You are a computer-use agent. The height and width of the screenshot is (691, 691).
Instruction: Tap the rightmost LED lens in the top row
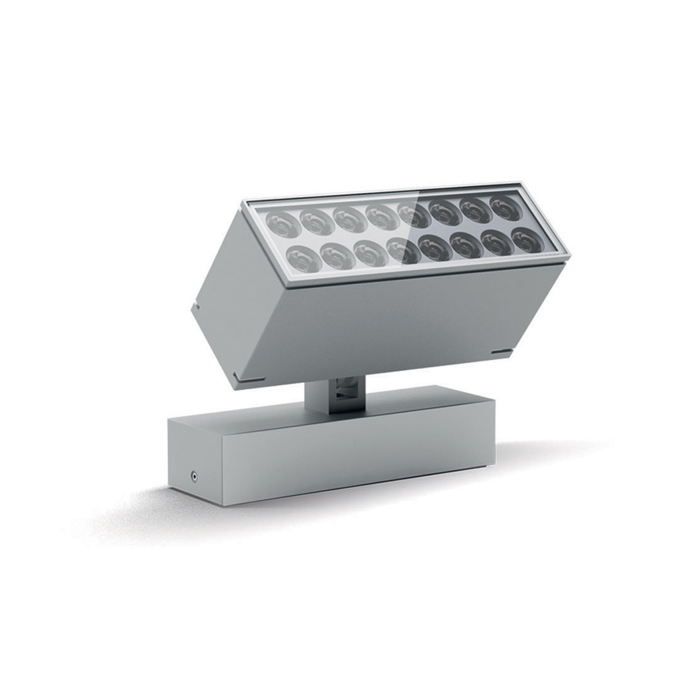(x=506, y=207)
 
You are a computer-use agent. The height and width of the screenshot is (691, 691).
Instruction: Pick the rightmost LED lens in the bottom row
(x=527, y=241)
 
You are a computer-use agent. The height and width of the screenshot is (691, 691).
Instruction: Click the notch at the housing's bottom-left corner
(x=237, y=378)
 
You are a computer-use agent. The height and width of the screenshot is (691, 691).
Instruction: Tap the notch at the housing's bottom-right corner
(x=501, y=353)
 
